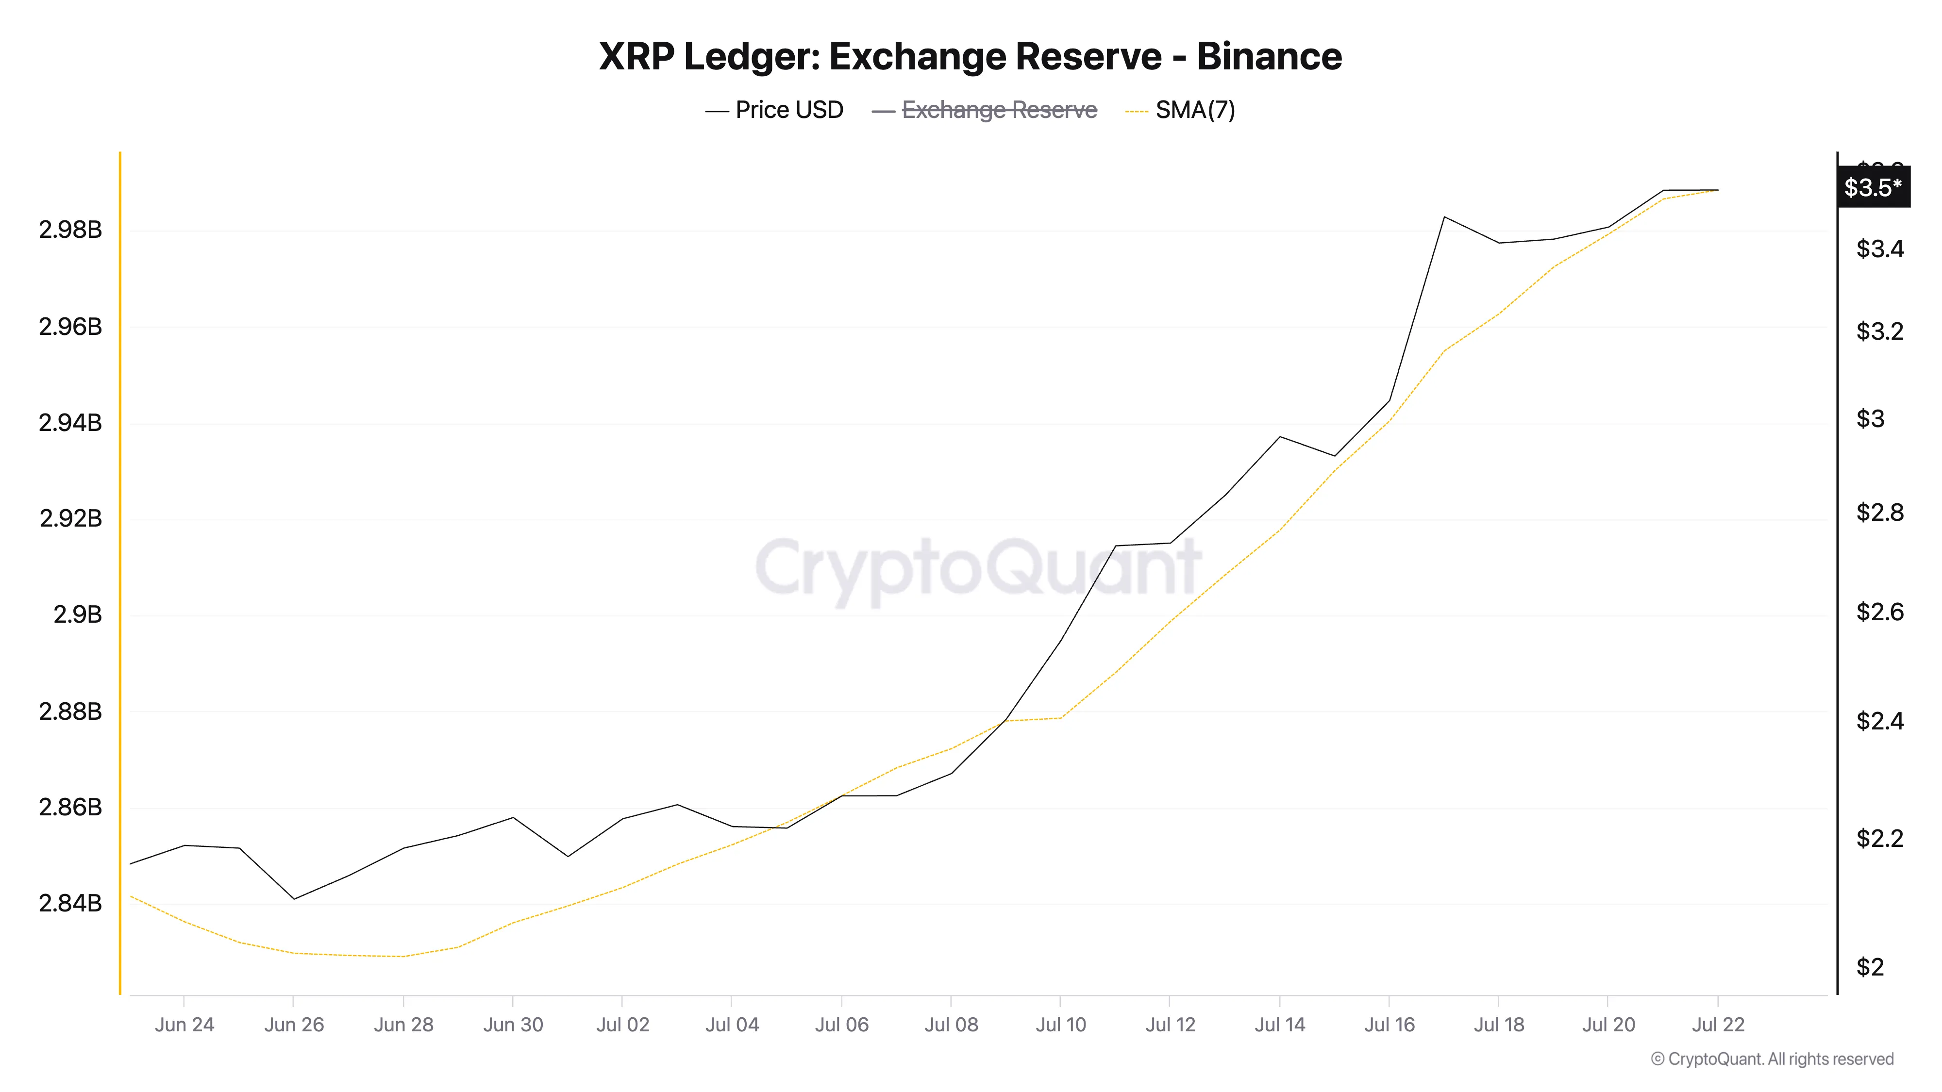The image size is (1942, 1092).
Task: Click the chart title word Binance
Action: [x=1269, y=56]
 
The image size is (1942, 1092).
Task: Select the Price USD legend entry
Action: [x=788, y=110]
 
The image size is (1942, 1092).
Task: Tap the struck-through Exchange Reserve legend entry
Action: [x=999, y=110]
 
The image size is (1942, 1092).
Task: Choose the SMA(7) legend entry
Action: [x=1194, y=110]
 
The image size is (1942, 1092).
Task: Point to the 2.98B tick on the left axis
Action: [x=70, y=230]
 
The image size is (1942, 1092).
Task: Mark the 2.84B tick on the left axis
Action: [x=70, y=903]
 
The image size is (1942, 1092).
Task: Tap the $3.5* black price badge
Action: [x=1873, y=187]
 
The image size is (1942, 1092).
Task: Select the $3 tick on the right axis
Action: [x=1870, y=418]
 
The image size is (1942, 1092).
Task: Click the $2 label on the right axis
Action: [x=1870, y=967]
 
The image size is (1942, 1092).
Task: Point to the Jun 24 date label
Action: [x=184, y=1025]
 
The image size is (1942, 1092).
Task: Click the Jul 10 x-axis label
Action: [x=1060, y=1025]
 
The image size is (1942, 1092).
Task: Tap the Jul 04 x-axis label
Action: [x=731, y=1025]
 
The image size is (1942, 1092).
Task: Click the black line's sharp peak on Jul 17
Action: [x=1444, y=217]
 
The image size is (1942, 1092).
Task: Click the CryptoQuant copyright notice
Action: [x=1772, y=1059]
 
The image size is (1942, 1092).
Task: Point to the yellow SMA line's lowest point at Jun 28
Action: [x=403, y=956]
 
